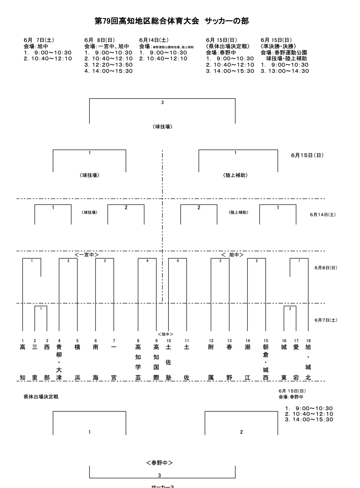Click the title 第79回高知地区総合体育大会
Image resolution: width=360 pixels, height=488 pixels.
(x=147, y=21)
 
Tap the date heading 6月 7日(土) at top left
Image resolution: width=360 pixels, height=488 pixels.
(x=39, y=40)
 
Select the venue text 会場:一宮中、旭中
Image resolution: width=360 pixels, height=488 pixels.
(x=106, y=46)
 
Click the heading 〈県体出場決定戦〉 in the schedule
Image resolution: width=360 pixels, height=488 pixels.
(x=228, y=46)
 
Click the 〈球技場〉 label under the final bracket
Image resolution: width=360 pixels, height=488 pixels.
(x=162, y=127)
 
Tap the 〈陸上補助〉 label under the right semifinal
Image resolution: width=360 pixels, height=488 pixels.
(x=235, y=176)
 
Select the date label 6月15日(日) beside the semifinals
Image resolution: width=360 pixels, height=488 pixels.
(x=307, y=155)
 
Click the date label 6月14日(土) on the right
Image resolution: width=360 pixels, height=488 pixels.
(x=323, y=215)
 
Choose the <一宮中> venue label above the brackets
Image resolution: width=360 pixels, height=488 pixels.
(x=87, y=255)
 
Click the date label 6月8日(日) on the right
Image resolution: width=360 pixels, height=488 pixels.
(x=326, y=268)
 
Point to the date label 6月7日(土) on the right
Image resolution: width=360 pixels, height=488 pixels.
(x=326, y=320)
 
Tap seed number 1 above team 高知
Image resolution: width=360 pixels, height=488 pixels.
(x=23, y=341)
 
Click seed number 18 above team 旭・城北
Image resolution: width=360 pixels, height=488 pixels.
(x=308, y=341)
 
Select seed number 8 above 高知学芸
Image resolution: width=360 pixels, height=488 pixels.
(x=138, y=341)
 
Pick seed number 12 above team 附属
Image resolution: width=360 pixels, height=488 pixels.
(x=211, y=341)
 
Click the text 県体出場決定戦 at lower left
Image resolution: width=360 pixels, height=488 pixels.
(x=41, y=397)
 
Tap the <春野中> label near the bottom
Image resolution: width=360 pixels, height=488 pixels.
(x=160, y=463)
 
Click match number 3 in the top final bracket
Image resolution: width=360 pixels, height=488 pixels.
(x=162, y=103)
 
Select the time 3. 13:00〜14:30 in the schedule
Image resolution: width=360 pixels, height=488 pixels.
(x=285, y=71)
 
